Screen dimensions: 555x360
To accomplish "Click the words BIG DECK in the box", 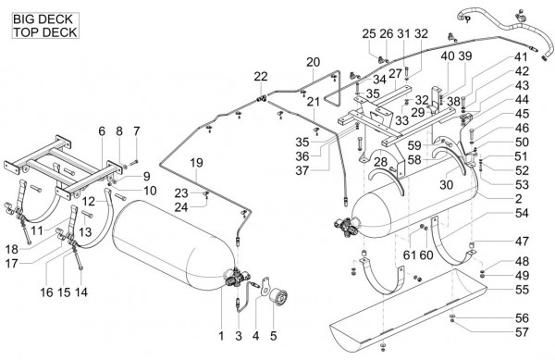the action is tap(43, 19).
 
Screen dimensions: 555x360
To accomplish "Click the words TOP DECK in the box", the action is tap(45, 31).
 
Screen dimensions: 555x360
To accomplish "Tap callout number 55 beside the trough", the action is tap(522, 290).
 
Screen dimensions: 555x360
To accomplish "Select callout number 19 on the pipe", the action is tap(196, 163).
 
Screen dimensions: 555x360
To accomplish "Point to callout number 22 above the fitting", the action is tap(261, 77).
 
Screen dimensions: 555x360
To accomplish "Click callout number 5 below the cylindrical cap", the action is tap(273, 336).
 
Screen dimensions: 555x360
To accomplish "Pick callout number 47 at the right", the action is tap(522, 241).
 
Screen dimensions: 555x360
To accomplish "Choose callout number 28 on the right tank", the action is tap(381, 162).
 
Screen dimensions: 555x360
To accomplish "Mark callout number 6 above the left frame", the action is tap(102, 131).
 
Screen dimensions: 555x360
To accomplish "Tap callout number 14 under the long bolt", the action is tap(81, 292).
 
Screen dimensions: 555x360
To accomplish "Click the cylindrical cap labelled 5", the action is tap(278, 295).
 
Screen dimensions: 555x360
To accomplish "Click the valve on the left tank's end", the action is tap(236, 276).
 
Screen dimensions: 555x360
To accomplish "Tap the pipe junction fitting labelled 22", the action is tap(262, 98).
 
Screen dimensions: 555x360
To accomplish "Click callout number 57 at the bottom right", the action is tap(522, 332).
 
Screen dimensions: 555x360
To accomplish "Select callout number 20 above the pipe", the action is tap(313, 62).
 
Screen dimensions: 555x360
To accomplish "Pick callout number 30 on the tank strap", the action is tap(447, 184).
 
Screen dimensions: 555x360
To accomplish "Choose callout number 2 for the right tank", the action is tap(519, 199).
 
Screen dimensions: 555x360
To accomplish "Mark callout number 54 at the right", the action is tap(522, 213).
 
